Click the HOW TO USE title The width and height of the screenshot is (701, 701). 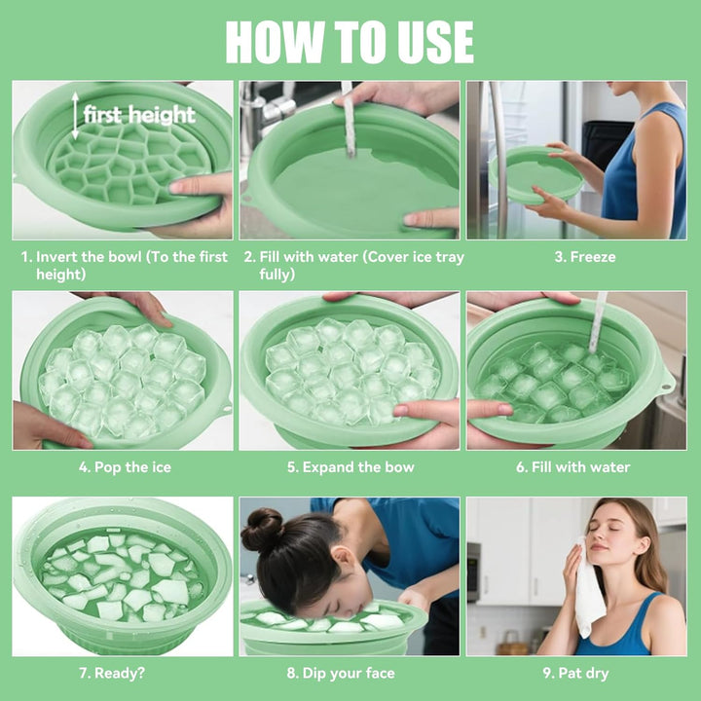pyautogui.click(x=350, y=41)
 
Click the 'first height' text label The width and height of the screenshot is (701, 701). pyautogui.click(x=139, y=115)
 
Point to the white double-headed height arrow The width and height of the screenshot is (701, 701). pyautogui.click(x=75, y=117)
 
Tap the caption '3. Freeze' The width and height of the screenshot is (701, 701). pyautogui.click(x=585, y=257)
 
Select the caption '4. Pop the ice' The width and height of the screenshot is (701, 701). pyautogui.click(x=125, y=467)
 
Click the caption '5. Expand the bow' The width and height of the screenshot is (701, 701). pyautogui.click(x=350, y=467)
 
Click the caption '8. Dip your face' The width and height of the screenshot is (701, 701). pyautogui.click(x=341, y=673)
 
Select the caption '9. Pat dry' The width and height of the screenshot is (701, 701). pyautogui.click(x=575, y=673)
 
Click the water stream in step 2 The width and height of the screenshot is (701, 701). pyautogui.click(x=349, y=122)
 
